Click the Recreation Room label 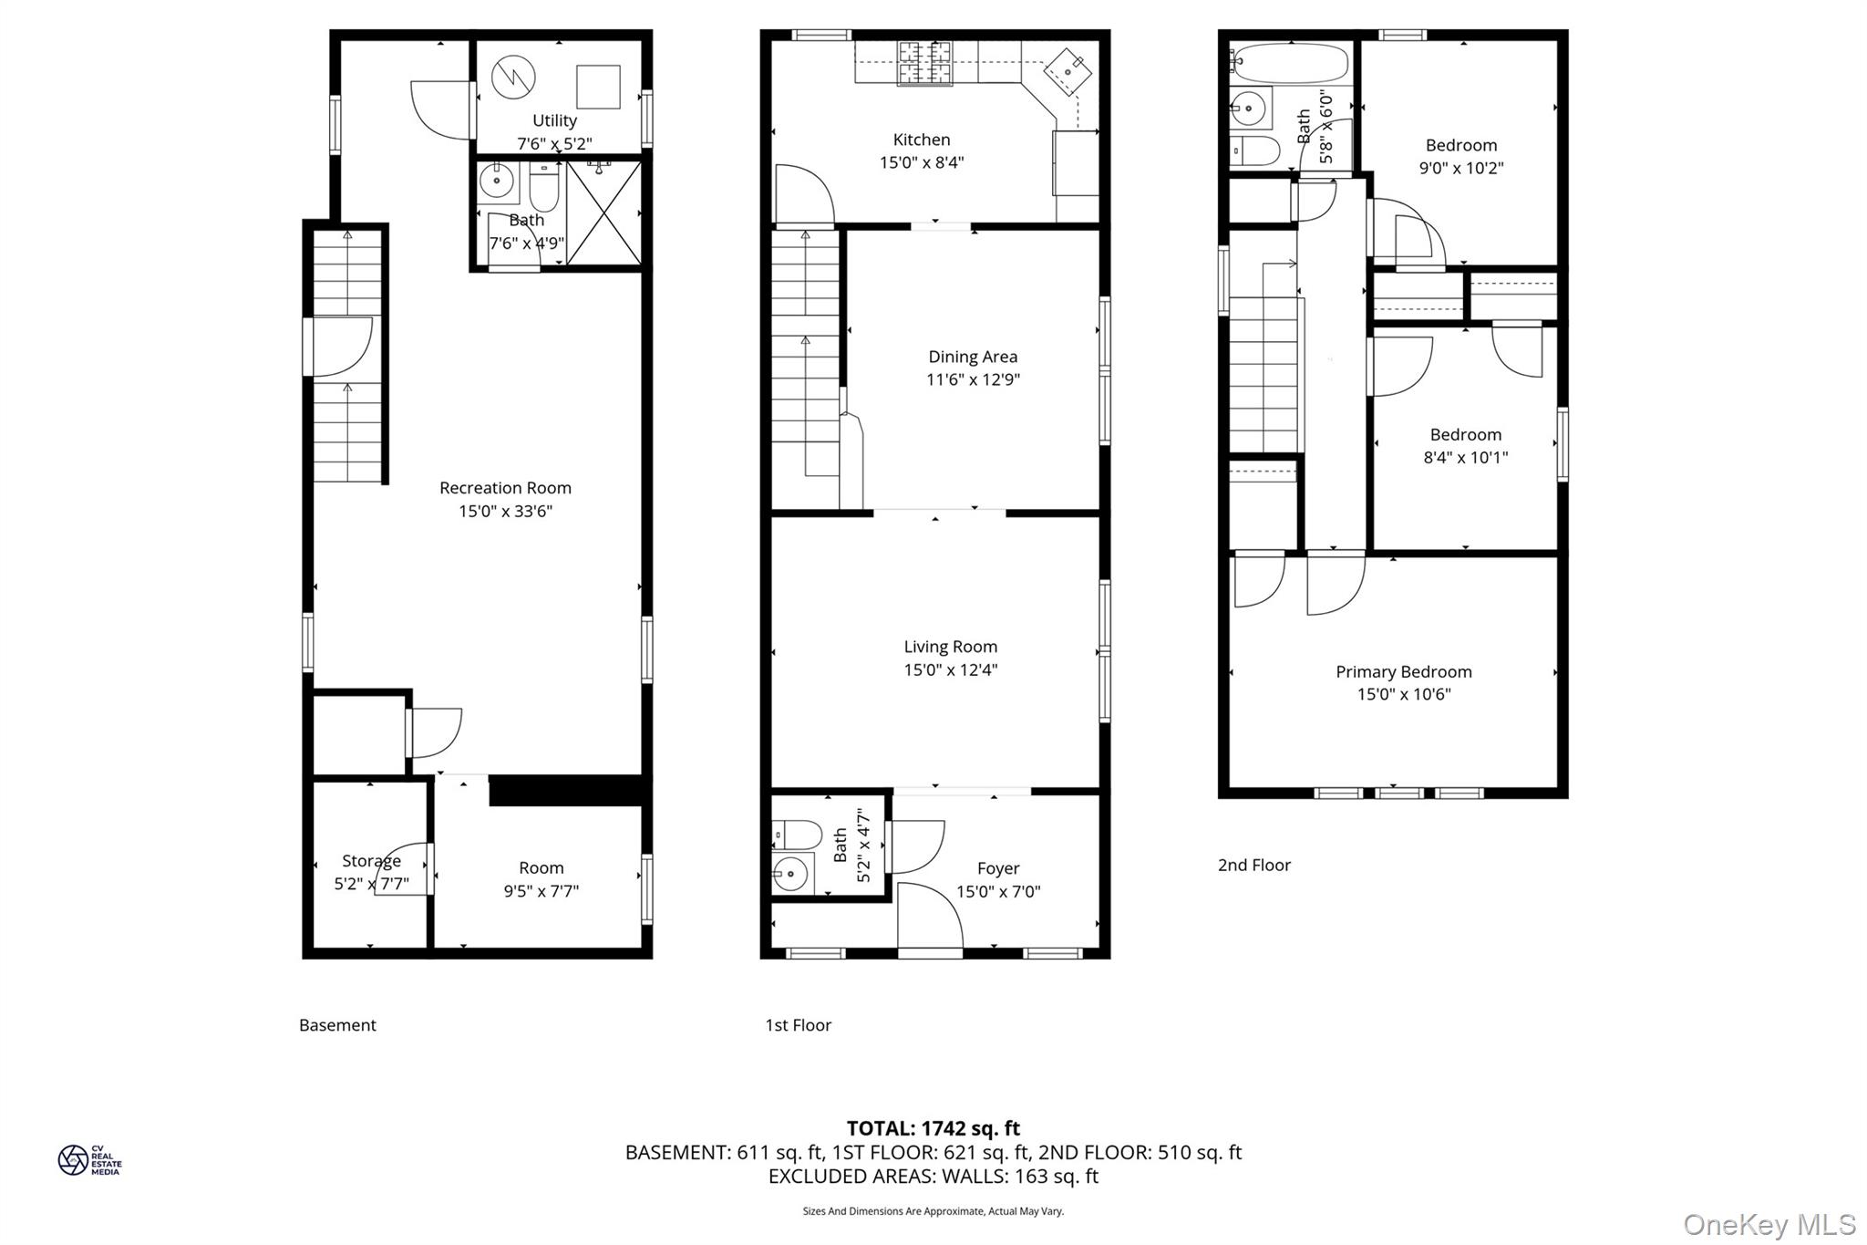505,488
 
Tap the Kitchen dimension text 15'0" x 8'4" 922,162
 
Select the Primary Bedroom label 1404,672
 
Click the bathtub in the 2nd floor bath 1289,64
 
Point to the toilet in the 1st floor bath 785,834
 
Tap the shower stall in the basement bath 603,213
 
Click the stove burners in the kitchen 925,63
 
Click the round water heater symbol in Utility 513,78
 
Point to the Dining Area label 973,357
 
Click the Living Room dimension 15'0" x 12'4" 951,669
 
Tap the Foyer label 998,868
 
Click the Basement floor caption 337,1025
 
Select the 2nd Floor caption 1254,865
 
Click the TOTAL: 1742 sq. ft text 933,1128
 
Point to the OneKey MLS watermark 1769,1224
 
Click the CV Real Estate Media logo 89,1160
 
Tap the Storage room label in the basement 371,861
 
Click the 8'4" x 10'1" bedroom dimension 1466,457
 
